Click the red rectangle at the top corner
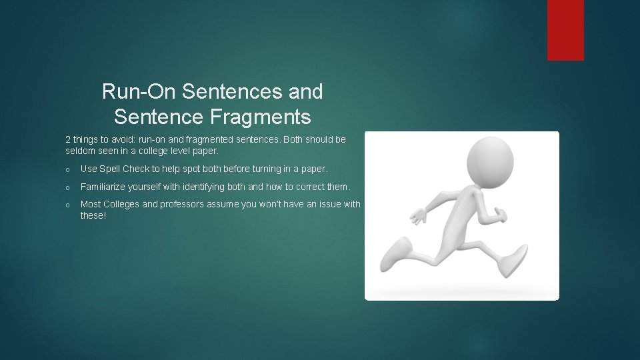point(565,30)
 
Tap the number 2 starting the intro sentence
point(68,139)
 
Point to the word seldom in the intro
point(80,151)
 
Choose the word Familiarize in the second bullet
point(105,187)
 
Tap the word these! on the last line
point(93,215)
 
